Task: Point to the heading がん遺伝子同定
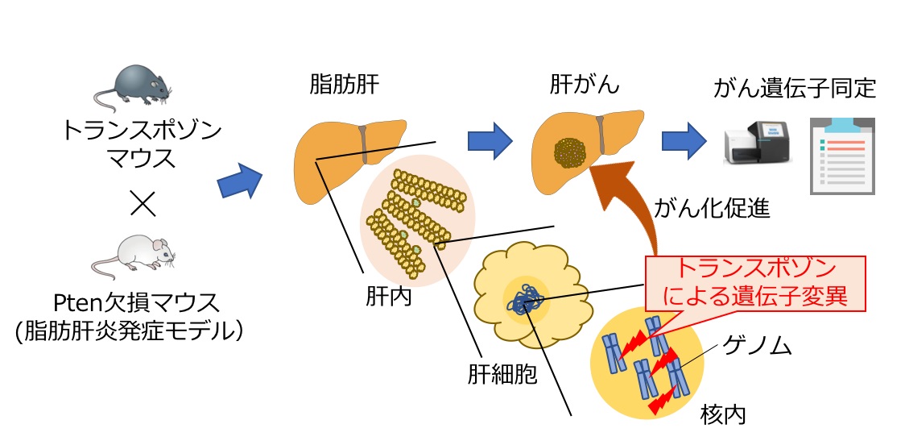coord(794,88)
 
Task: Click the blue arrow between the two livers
coord(490,140)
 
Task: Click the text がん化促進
coord(713,210)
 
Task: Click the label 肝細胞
coord(502,374)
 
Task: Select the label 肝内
coord(388,297)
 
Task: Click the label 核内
coord(722,415)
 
